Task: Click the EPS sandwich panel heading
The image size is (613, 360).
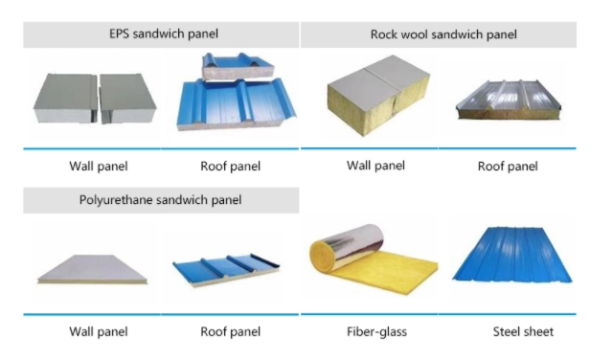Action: tap(164, 34)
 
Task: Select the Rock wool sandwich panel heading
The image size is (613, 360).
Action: tap(443, 34)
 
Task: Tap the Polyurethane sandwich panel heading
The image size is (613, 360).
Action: tap(160, 200)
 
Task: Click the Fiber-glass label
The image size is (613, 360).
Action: tap(376, 332)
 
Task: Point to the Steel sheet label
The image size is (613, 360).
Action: tap(523, 332)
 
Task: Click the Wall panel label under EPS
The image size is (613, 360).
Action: tap(99, 167)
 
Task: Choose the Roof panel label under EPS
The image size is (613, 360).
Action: tap(230, 167)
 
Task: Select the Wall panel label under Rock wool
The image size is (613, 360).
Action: tap(375, 166)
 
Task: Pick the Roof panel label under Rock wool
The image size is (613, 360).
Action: tap(508, 167)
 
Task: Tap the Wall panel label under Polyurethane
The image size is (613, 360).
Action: tap(99, 332)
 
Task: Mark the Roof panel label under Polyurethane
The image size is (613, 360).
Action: tap(230, 332)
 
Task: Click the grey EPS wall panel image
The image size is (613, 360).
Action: tap(95, 98)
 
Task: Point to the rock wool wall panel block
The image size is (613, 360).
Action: tap(378, 96)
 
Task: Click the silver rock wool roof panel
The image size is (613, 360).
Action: tap(509, 100)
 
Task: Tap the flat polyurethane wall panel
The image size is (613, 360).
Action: tap(92, 269)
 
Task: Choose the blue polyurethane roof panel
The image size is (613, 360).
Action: tap(227, 270)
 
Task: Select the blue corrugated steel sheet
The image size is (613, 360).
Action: tap(512, 254)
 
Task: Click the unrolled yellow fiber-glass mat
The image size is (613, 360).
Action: tap(385, 274)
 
